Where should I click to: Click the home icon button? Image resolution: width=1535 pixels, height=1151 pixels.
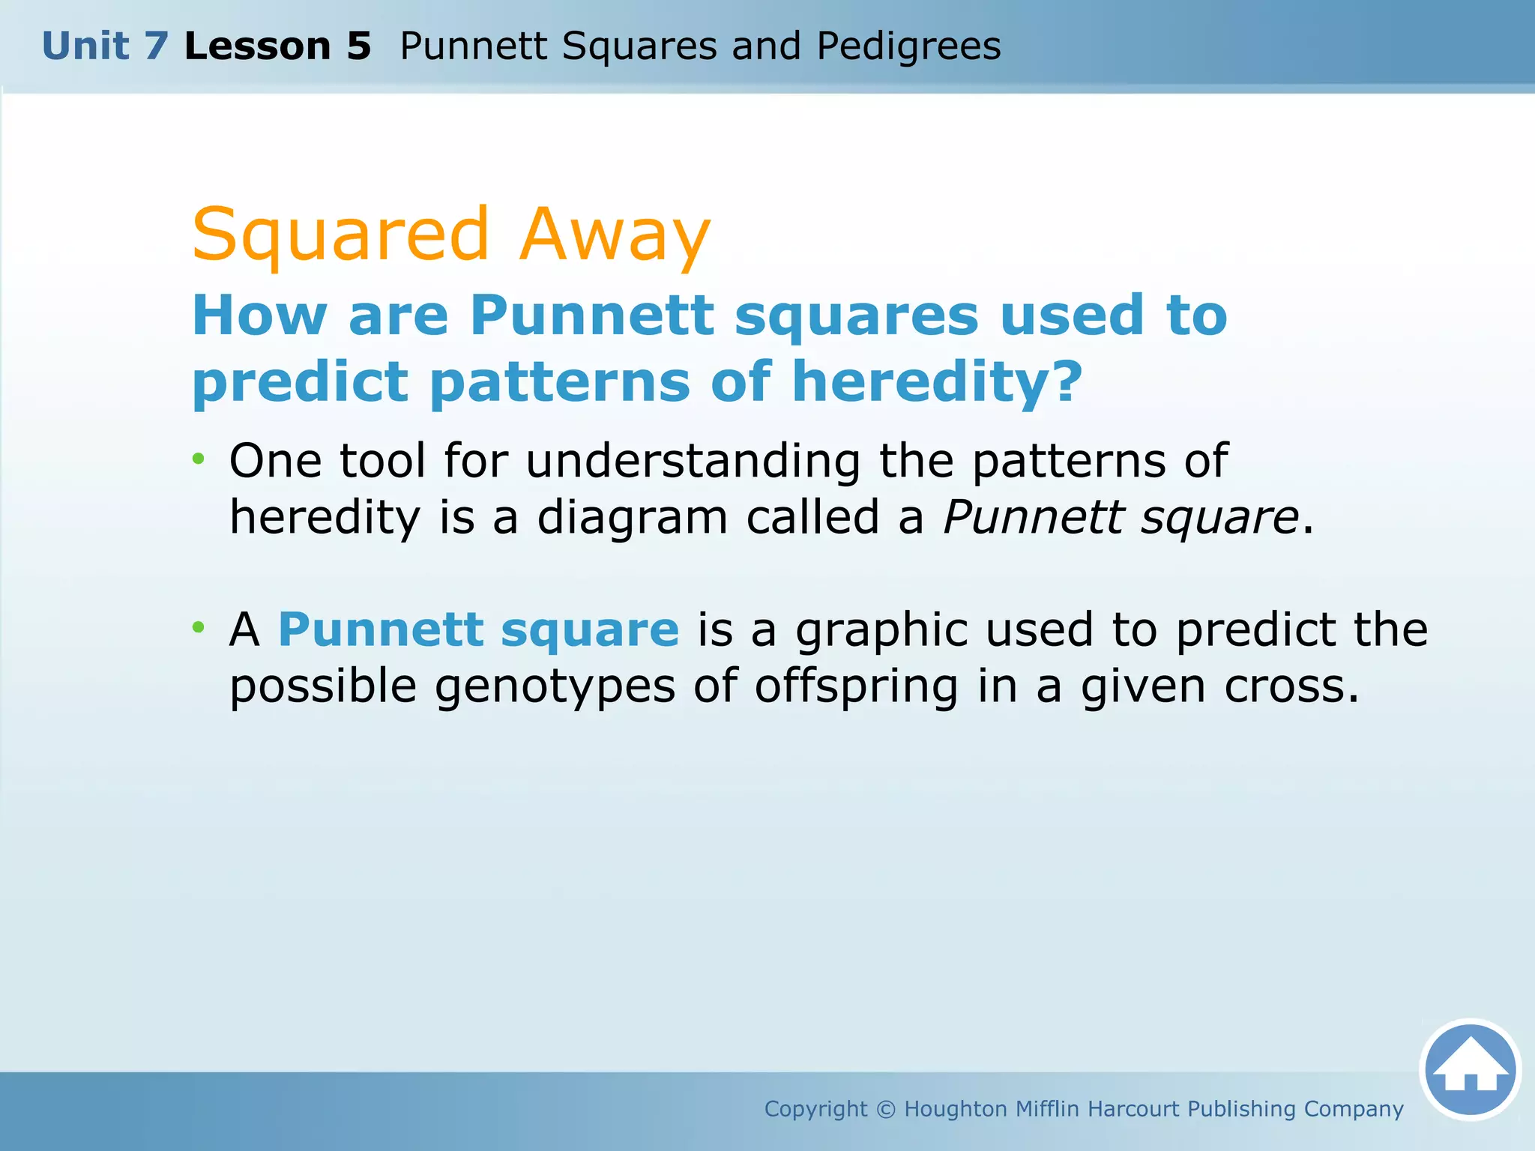[x=1470, y=1069]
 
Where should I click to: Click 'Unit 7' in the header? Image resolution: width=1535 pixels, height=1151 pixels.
[x=105, y=46]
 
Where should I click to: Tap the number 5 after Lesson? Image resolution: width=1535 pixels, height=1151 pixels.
[x=359, y=46]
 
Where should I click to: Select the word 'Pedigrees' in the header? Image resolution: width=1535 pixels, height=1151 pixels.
[x=908, y=46]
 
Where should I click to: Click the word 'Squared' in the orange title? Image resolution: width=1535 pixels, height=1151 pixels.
[x=341, y=235]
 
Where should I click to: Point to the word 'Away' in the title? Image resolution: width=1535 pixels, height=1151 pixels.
[x=615, y=235]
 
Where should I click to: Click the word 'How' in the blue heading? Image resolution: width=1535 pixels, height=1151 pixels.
[x=259, y=315]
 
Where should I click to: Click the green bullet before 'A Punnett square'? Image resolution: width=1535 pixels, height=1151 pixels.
[x=198, y=626]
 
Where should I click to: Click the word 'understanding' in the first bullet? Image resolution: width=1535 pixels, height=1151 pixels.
[x=693, y=460]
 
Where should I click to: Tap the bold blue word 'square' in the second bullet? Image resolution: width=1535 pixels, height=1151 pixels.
[x=590, y=629]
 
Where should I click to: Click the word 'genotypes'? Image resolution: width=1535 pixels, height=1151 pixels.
[x=555, y=686]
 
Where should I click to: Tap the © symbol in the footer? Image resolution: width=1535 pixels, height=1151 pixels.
[x=886, y=1109]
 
